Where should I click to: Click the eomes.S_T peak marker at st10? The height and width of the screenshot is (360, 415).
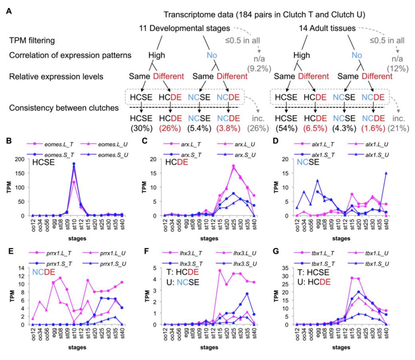(x=74, y=164)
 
